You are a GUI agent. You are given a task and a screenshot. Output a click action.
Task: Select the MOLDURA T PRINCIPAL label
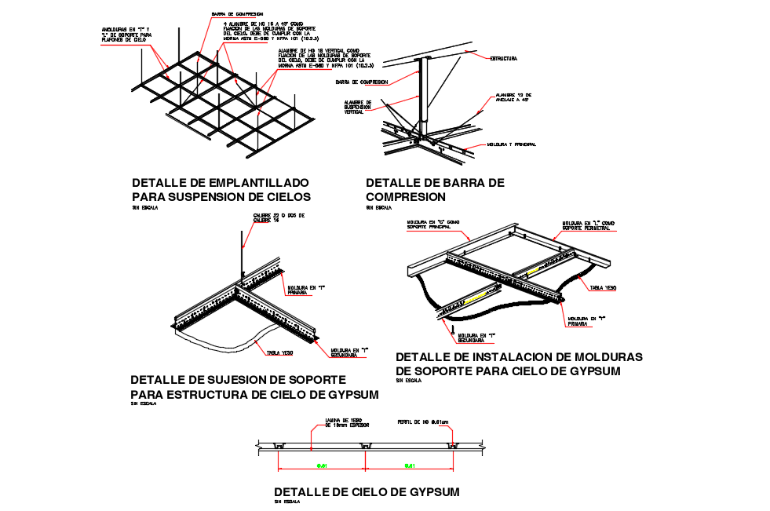click(x=511, y=144)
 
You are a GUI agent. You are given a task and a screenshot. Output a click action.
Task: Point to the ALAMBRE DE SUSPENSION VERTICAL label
click(x=358, y=108)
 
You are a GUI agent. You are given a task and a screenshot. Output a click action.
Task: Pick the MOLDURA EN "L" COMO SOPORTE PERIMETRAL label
click(x=589, y=224)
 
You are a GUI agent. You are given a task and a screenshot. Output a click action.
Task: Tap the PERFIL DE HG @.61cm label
click(x=423, y=422)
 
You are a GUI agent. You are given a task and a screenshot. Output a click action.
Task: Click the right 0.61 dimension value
click(x=409, y=466)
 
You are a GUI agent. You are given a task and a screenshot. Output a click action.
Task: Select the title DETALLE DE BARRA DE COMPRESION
click(x=435, y=189)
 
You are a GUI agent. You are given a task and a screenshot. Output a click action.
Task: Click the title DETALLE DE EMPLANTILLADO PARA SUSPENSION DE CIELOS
click(x=221, y=189)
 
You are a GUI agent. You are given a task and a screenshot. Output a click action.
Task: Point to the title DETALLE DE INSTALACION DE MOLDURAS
click(x=519, y=357)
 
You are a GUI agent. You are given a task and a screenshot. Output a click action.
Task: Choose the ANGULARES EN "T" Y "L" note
click(x=130, y=35)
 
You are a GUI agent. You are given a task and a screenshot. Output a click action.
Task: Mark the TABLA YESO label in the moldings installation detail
click(x=603, y=288)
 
